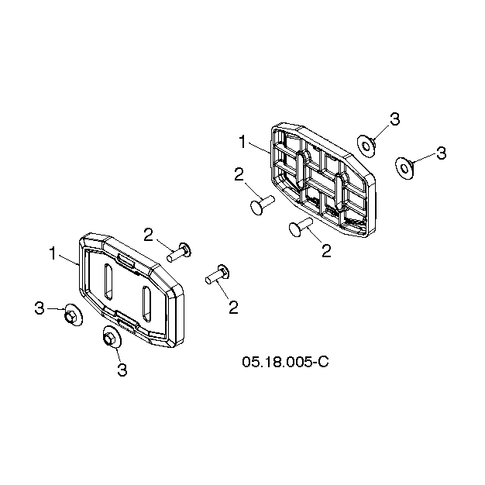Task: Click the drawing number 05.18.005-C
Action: tap(285, 362)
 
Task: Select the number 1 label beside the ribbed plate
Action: tap(242, 142)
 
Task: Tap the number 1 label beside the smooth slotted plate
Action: tap(53, 253)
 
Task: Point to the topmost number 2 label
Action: tap(239, 174)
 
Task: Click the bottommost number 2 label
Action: tap(233, 307)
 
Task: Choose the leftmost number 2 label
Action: tap(149, 235)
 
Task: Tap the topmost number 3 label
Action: tap(394, 119)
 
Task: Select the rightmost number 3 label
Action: tap(441, 153)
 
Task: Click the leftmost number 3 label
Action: tap(40, 308)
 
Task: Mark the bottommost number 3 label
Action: tap(122, 370)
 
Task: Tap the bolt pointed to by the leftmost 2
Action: tap(179, 253)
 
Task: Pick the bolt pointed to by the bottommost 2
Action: tap(218, 274)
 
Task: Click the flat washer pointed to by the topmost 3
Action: tap(366, 146)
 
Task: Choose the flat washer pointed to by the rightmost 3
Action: tap(404, 168)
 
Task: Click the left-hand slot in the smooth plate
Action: tap(108, 281)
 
